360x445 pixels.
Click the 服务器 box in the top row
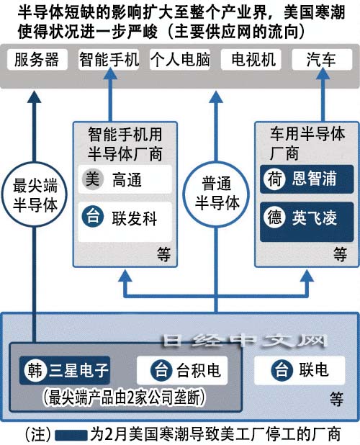(37, 59)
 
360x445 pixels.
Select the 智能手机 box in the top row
(109, 59)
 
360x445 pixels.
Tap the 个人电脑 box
(180, 59)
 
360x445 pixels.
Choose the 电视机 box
(251, 59)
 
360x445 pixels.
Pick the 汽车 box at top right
(322, 59)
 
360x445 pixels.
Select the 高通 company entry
(125, 179)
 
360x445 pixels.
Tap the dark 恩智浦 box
(307, 179)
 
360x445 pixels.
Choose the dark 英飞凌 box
(307, 222)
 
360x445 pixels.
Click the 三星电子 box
(65, 370)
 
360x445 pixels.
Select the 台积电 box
(182, 370)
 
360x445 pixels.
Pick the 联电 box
(300, 370)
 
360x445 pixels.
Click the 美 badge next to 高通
(92, 179)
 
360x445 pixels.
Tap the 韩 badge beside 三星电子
(35, 370)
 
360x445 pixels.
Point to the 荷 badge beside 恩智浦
(274, 179)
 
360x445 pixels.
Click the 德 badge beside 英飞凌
(274, 217)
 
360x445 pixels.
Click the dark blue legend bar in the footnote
(71, 435)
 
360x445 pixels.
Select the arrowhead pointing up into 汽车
(323, 74)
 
